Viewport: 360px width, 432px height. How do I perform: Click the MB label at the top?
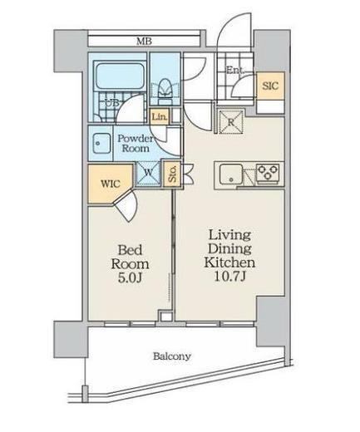(x=144, y=42)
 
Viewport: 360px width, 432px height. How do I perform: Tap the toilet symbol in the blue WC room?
(x=165, y=91)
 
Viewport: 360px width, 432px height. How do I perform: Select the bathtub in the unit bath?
(x=120, y=76)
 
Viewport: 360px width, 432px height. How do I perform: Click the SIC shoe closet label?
(x=270, y=86)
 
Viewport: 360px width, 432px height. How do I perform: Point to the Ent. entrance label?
(x=236, y=70)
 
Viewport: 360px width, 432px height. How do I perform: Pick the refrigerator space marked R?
(x=231, y=122)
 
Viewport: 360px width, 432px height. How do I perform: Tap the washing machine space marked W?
(x=148, y=173)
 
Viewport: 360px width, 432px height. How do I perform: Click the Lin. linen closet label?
(x=160, y=116)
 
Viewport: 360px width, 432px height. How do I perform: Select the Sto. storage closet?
(x=172, y=174)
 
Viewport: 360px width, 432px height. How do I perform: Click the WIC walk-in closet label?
(x=111, y=184)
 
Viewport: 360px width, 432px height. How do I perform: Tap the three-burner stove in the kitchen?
(x=268, y=173)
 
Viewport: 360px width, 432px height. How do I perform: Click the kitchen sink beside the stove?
(x=231, y=174)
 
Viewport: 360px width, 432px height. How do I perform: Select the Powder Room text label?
(x=136, y=143)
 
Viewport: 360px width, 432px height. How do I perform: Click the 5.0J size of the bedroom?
(x=131, y=278)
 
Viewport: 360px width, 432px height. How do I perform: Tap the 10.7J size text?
(x=230, y=277)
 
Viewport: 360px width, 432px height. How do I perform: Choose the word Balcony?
(x=172, y=356)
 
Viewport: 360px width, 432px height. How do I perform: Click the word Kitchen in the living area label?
(x=229, y=263)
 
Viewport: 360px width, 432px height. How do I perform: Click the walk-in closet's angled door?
(x=126, y=205)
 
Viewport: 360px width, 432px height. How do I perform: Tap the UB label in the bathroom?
(x=112, y=103)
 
